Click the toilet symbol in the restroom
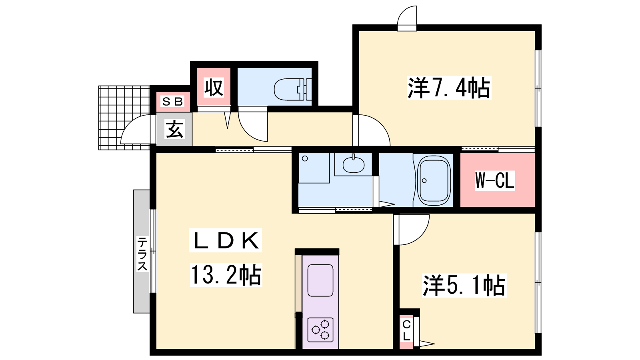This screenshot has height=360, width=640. [292, 89]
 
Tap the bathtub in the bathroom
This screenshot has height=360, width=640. [434, 180]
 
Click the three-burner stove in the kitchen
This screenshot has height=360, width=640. [320, 330]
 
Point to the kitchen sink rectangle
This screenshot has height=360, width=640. [320, 280]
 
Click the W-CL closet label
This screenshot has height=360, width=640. [495, 180]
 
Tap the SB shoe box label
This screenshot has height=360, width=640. [172, 102]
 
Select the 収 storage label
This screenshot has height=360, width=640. [214, 88]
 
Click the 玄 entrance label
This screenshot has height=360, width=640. [174, 129]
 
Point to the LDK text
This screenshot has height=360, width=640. [226, 240]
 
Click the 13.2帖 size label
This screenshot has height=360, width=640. [226, 275]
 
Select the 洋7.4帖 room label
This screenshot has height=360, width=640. [449, 88]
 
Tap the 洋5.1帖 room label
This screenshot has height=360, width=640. [464, 286]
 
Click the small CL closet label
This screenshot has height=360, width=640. [406, 330]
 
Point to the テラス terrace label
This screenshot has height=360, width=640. [142, 254]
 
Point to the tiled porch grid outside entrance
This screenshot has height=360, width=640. [124, 118]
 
